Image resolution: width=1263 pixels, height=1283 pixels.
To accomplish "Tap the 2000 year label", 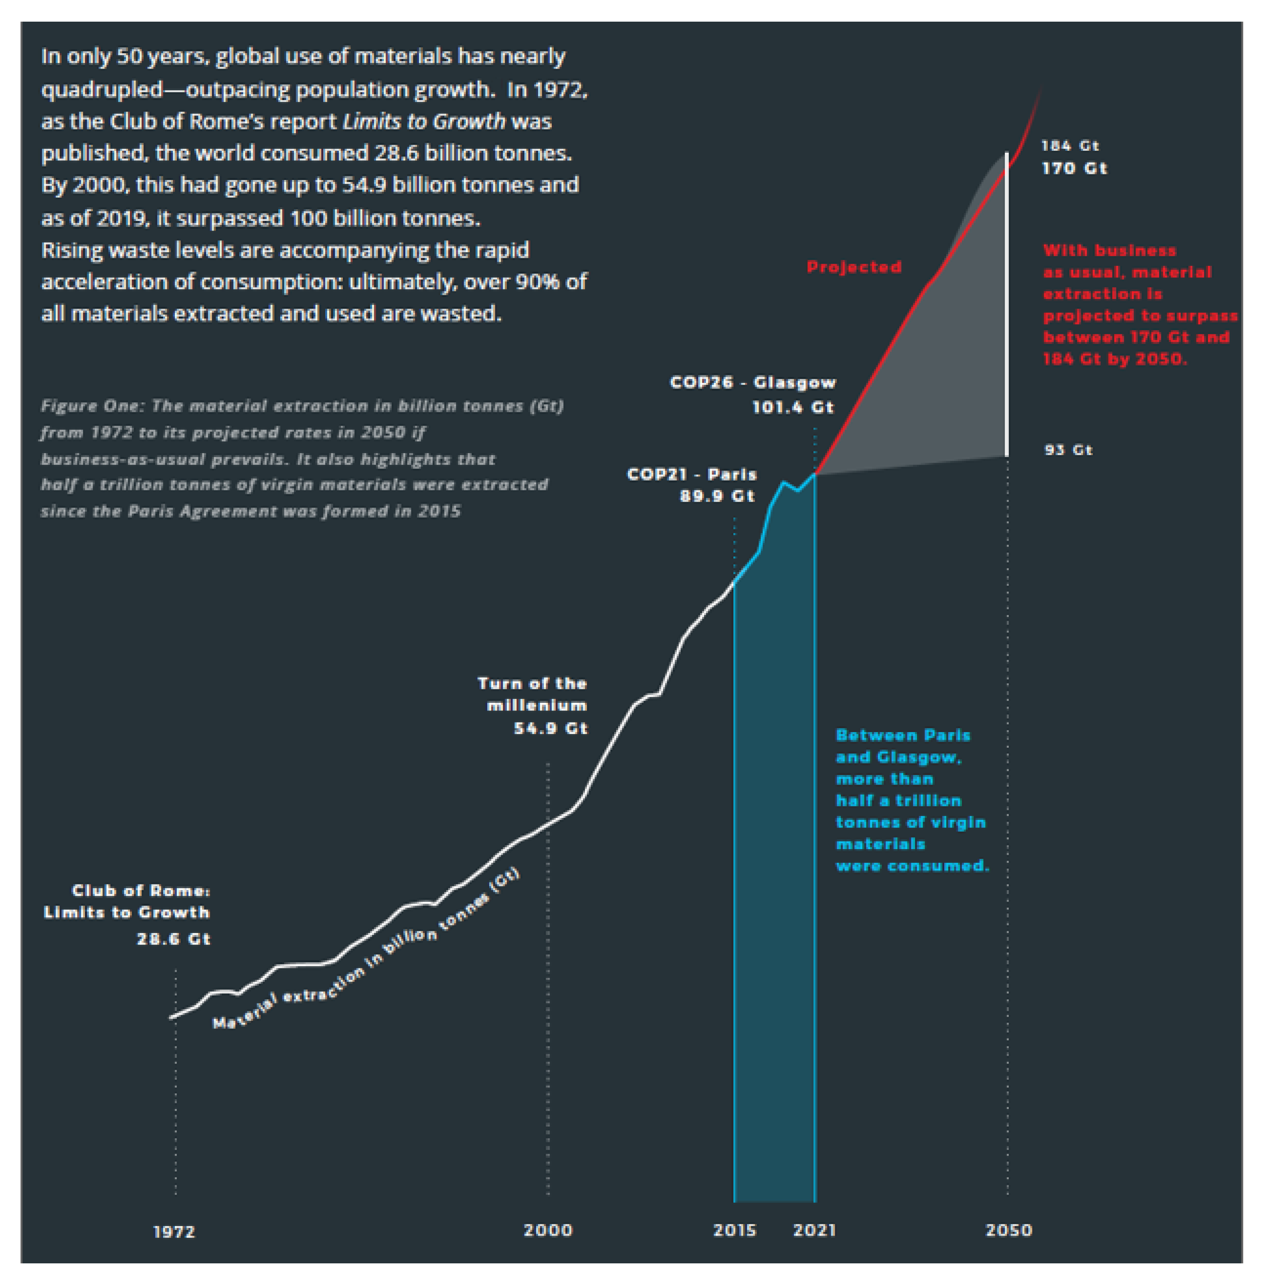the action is click(x=548, y=1230).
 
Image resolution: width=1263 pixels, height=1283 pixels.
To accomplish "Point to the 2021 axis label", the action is click(x=815, y=1230).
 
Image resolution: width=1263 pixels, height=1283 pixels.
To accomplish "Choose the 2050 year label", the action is click(x=1009, y=1230).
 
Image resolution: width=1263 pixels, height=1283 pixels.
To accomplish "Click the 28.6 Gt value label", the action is click(x=174, y=939).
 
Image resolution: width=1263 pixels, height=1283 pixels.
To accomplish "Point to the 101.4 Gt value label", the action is click(x=793, y=407).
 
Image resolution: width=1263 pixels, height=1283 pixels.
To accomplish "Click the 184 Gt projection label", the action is click(x=1070, y=145).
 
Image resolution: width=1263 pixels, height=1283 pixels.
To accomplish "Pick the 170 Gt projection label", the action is click(x=1074, y=168).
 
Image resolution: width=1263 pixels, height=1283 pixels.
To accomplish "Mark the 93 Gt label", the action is click(x=1069, y=450).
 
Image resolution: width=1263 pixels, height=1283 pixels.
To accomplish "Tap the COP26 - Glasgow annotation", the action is click(x=753, y=383).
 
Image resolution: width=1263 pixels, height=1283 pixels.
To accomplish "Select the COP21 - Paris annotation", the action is click(x=692, y=474).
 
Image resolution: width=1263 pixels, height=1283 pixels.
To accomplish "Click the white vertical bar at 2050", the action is click(x=1007, y=304).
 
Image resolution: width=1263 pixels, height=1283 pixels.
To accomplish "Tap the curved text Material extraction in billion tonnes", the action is click(x=366, y=949).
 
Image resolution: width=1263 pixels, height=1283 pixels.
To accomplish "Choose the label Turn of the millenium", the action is click(x=532, y=694).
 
